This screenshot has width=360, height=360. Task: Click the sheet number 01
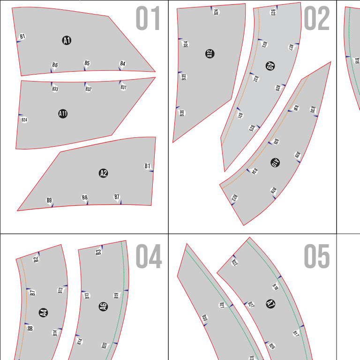pos(148,19)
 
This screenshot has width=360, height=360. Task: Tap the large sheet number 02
pos(317,19)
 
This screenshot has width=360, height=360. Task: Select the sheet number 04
pos(149,257)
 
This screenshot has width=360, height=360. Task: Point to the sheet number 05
pos(317,257)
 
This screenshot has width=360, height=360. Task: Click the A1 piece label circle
pos(67,41)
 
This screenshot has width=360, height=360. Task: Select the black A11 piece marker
pos(63,113)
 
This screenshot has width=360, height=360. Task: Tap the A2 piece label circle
pos(104,173)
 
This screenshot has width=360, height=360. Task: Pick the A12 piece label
pos(210,54)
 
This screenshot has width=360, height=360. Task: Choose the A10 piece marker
pos(276,163)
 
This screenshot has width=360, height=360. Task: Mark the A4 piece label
pos(44,313)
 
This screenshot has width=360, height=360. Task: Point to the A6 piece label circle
pos(103,307)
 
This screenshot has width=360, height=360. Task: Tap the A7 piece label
pos(270,304)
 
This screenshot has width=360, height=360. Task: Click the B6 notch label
pos(55,65)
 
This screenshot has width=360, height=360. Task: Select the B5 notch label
pos(87,63)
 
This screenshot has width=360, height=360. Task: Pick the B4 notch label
pos(122,63)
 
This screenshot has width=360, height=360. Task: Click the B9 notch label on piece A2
pos(49,201)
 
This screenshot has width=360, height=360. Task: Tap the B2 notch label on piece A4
pos(36,259)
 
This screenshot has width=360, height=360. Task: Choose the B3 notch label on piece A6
pos(98,252)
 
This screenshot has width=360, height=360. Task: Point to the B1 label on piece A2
pos(147,166)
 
